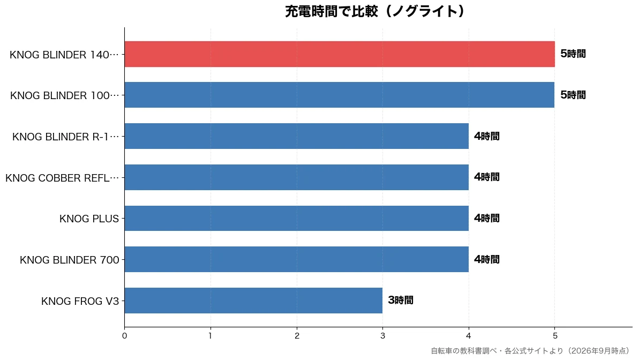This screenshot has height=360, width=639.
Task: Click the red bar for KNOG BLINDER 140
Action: tap(340, 54)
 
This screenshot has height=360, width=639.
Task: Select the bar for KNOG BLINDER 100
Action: tap(340, 95)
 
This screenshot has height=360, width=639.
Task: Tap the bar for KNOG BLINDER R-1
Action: tap(297, 136)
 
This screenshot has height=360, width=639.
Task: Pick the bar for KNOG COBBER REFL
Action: tap(297, 177)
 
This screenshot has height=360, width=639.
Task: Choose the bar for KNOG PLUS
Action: tap(297, 218)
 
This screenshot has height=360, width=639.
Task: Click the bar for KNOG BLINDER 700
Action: tap(297, 259)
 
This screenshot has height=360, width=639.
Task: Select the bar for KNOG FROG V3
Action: tap(253, 301)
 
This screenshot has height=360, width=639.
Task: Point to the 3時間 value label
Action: tap(401, 301)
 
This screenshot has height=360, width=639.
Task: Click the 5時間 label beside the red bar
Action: tap(573, 54)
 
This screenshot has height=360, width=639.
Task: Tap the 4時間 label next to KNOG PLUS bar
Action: tap(486, 218)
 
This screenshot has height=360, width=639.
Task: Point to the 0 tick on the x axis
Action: tap(124, 336)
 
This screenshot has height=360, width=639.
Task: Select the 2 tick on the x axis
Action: tap(297, 336)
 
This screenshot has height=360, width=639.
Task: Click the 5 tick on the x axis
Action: tap(555, 336)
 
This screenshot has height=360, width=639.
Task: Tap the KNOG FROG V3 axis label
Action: tap(80, 301)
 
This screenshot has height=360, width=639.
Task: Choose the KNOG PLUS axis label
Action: tap(89, 219)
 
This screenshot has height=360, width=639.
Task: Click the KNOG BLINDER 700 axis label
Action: tap(69, 260)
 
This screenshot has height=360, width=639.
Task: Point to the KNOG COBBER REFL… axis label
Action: tap(62, 178)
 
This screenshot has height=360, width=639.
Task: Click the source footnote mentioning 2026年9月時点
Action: tap(530, 350)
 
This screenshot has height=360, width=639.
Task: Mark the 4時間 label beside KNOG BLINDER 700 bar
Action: tap(486, 259)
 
